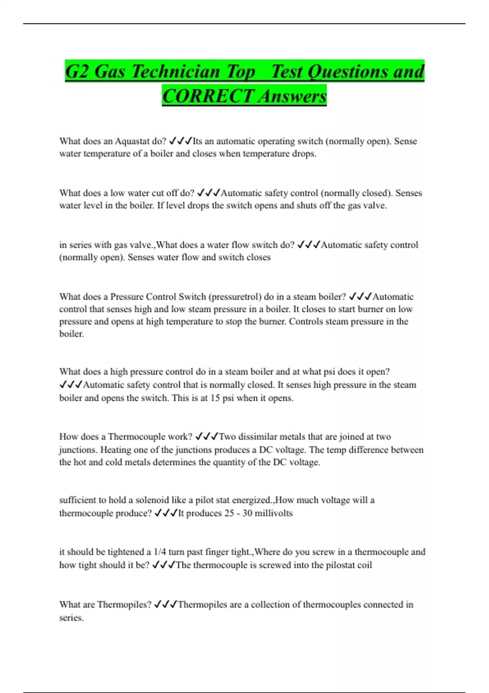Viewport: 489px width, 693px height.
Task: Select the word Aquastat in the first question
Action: tap(132, 141)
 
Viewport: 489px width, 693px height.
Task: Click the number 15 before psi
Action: tap(215, 398)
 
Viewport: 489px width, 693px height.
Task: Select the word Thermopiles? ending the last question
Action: tap(125, 605)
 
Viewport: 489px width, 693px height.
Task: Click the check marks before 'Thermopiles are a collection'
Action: tap(165, 605)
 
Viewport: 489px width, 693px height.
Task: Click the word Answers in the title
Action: tap(292, 96)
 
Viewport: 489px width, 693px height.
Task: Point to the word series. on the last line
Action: tap(71, 618)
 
